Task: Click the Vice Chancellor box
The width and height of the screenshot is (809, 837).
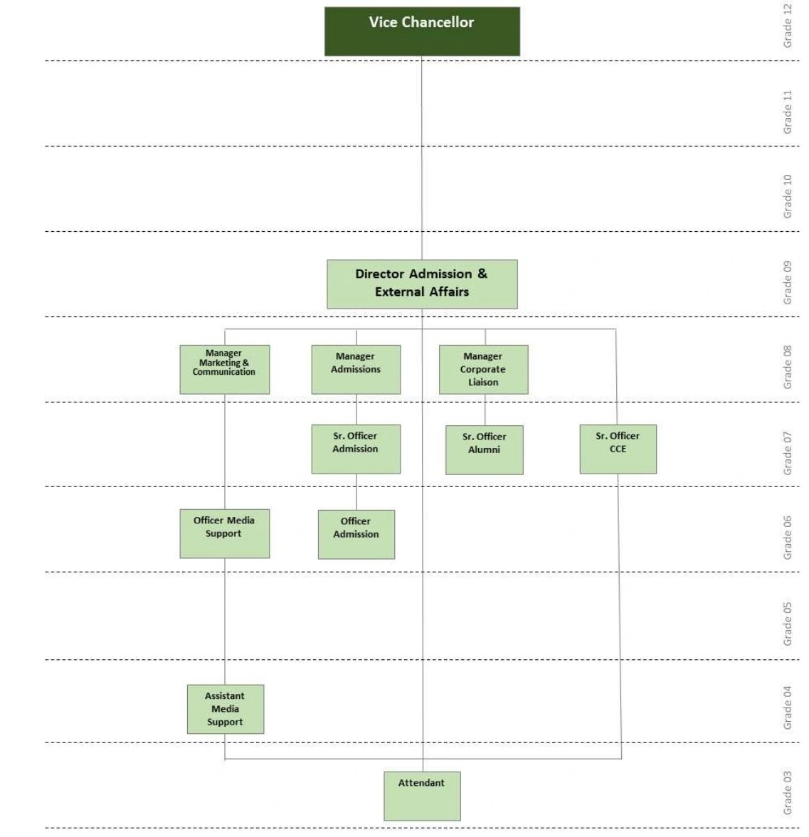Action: point(422,31)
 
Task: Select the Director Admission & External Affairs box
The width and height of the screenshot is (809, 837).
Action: point(422,284)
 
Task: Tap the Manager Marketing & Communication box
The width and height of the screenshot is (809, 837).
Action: point(224,369)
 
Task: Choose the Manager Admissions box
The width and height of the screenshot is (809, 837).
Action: point(356,369)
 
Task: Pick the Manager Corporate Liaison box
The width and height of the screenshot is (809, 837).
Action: point(483,369)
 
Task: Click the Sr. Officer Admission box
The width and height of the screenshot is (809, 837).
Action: point(356,449)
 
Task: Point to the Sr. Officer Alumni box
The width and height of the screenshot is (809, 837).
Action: point(484,449)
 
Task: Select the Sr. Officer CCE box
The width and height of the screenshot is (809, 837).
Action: point(618,449)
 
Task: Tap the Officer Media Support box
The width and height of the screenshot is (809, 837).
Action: point(224,533)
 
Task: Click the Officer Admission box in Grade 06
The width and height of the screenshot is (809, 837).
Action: point(356,534)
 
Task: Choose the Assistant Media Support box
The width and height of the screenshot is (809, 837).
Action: point(225,709)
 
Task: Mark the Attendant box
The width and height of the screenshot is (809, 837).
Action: point(422,796)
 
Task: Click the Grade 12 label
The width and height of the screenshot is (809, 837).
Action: point(788,26)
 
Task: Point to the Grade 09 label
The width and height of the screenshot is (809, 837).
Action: point(788,282)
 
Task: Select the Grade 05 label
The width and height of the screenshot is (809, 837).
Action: point(788,624)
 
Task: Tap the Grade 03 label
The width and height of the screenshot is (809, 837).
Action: point(788,793)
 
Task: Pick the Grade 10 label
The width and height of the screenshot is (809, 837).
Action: point(788,196)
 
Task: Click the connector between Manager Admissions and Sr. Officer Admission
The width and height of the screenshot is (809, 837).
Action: point(356,410)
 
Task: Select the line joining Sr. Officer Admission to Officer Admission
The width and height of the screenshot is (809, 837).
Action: point(356,491)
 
